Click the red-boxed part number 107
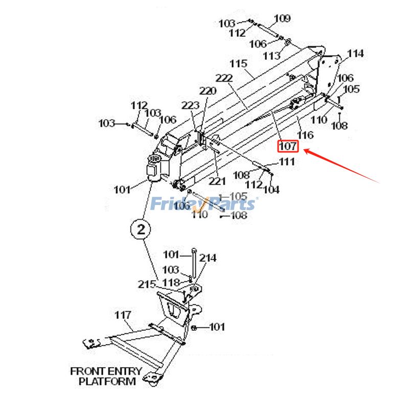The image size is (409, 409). (x=288, y=147)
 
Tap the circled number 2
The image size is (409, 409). (x=141, y=230)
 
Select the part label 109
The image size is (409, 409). (x=282, y=19)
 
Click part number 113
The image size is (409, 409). (x=271, y=55)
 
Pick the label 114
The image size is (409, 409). (x=355, y=53)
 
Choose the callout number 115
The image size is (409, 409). (x=238, y=64)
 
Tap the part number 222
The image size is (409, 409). (x=224, y=78)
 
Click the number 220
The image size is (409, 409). (x=208, y=91)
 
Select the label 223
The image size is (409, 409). (x=190, y=105)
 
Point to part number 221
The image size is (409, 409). (x=217, y=181)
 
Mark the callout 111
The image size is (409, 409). (x=287, y=162)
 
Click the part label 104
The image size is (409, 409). (x=271, y=190)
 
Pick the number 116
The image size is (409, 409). (x=305, y=135)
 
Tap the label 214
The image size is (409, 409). (x=208, y=258)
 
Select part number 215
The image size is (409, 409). (x=146, y=284)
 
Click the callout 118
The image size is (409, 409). (x=171, y=283)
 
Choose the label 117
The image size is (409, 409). (x=123, y=314)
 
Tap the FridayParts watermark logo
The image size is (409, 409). (x=203, y=204)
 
